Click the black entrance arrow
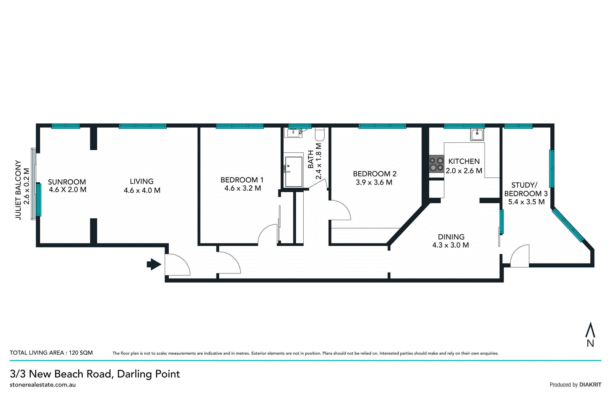coord(154,264)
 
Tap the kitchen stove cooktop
coord(436,164)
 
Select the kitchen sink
coord(477,135)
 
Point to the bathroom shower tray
coord(293,171)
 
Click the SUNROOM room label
coord(67,182)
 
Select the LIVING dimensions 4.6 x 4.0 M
coord(142,190)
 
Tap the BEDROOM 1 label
coord(242,180)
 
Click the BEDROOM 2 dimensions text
coord(374,182)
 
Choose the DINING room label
coord(451,237)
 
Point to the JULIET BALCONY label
coord(18,190)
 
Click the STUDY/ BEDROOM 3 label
coord(526,189)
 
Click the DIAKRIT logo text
coord(590,385)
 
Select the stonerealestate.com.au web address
coord(43,385)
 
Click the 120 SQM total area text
coord(81,353)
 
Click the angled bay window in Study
coord(568,225)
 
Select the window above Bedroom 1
coord(240,126)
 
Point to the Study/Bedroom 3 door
coord(520,256)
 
